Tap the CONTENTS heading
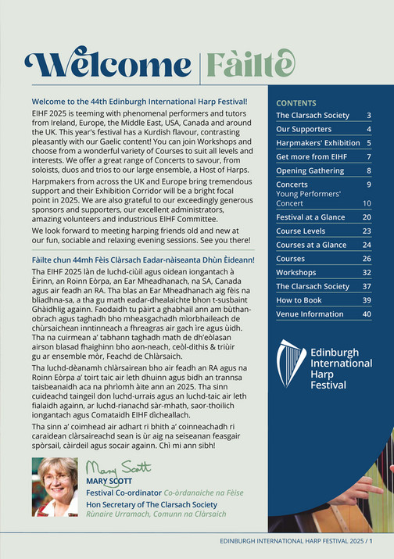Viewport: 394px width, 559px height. [x=296, y=102]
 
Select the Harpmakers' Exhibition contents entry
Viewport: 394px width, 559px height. [x=317, y=143]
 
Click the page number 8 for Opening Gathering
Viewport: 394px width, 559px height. [x=369, y=170]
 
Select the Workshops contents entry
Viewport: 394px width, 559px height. [x=297, y=273]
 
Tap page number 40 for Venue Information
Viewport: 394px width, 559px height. [x=367, y=314]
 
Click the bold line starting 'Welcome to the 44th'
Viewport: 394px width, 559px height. [x=139, y=102]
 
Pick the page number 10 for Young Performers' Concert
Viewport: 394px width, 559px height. [x=367, y=202]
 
